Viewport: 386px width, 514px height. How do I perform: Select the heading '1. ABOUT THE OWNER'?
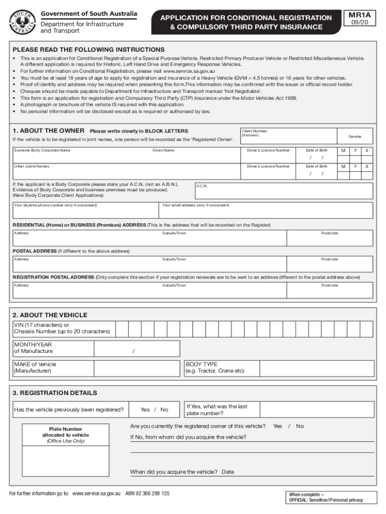pos(48,131)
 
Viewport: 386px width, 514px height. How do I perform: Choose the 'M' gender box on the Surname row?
pos(343,151)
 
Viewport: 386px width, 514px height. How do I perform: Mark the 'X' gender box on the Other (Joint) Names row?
pos(366,166)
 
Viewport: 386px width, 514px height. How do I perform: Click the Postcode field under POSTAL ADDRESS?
pos(345,265)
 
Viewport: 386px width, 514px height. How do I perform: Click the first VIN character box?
pos(122,328)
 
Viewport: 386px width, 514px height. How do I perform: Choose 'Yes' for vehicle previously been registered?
pos(145,410)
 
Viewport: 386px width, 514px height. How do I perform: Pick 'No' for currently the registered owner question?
pos(300,426)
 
